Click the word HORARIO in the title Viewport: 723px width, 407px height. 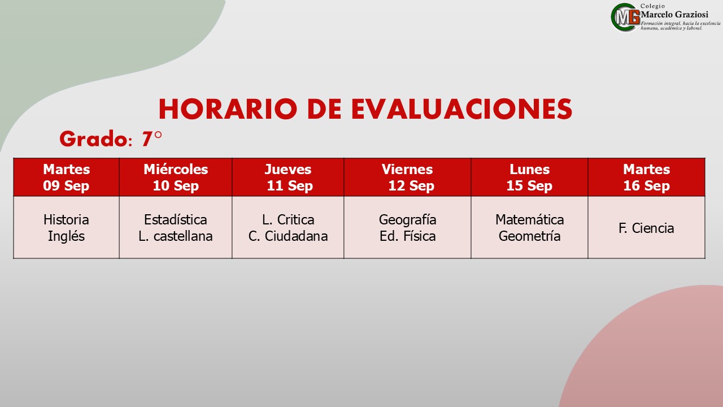[228, 109]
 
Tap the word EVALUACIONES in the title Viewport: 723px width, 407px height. [462, 109]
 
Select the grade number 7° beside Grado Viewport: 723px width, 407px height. [151, 139]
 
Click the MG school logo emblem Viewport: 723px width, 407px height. [625, 18]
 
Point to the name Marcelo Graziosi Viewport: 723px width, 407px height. [674, 15]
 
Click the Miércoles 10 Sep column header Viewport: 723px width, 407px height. [176, 177]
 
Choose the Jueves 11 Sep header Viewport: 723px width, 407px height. [288, 177]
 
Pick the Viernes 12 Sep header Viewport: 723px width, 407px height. [408, 177]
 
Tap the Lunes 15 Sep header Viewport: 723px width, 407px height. [529, 177]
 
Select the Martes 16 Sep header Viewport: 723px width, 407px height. [647, 177]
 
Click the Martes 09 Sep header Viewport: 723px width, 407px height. [66, 177]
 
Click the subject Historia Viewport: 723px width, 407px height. [66, 220]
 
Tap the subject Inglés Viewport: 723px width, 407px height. [66, 236]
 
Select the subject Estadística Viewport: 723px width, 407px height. [176, 220]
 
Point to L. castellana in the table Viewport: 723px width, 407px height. [176, 236]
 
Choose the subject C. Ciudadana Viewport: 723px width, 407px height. [288, 236]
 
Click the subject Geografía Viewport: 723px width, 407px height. [408, 220]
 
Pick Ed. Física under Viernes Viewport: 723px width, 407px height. [408, 236]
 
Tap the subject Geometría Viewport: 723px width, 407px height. [529, 236]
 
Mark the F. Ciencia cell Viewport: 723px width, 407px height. [647, 228]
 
